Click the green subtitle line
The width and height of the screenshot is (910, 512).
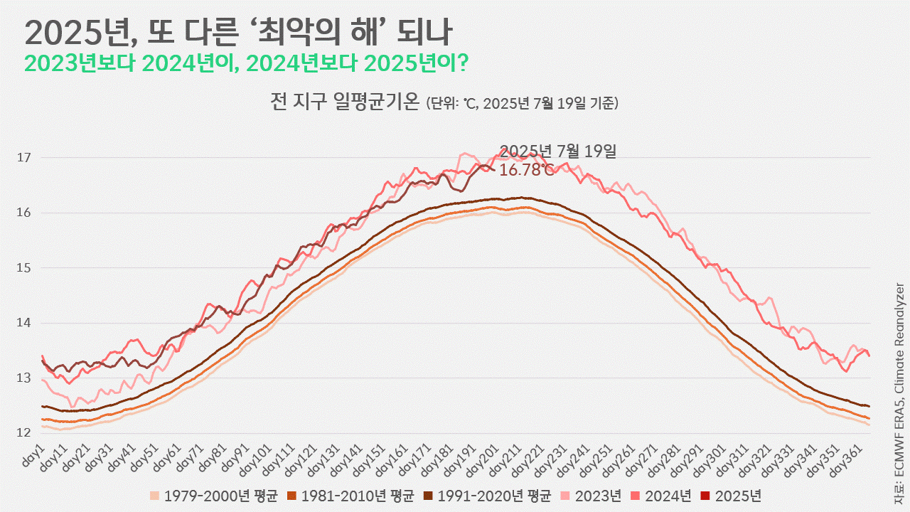pos(245,63)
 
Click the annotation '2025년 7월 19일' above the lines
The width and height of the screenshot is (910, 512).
pos(557,151)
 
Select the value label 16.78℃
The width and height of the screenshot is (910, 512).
pos(526,170)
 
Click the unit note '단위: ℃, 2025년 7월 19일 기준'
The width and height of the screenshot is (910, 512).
pos(522,104)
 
